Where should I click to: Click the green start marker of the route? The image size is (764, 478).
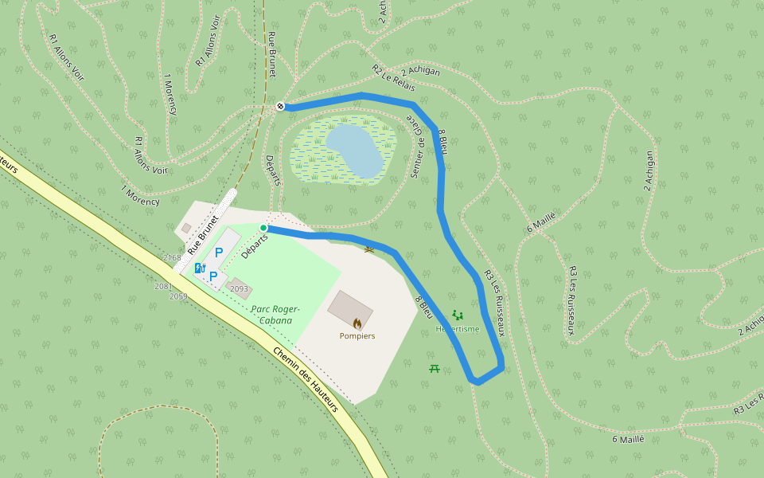point(263,228)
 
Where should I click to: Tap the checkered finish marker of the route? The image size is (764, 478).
point(280,106)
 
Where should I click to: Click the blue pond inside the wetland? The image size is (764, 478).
point(354,149)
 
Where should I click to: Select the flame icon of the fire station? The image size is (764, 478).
point(357,323)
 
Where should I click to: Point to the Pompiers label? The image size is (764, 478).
point(357,336)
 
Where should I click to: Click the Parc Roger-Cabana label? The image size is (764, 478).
point(275,315)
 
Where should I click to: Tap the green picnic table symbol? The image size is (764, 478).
point(435,368)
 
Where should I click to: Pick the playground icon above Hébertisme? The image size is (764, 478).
point(457,315)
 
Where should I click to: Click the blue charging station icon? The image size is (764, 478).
point(200,267)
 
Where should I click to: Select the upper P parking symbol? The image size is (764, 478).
point(219,253)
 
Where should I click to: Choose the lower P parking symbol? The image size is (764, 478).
point(213,276)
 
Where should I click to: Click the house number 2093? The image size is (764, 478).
point(239,288)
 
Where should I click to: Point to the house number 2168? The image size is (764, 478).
point(171,258)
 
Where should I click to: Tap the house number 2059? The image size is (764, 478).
point(178,296)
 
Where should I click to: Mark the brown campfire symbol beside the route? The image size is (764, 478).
point(368,250)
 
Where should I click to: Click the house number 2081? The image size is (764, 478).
point(163,286)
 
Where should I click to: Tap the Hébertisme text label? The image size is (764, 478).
point(458,329)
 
